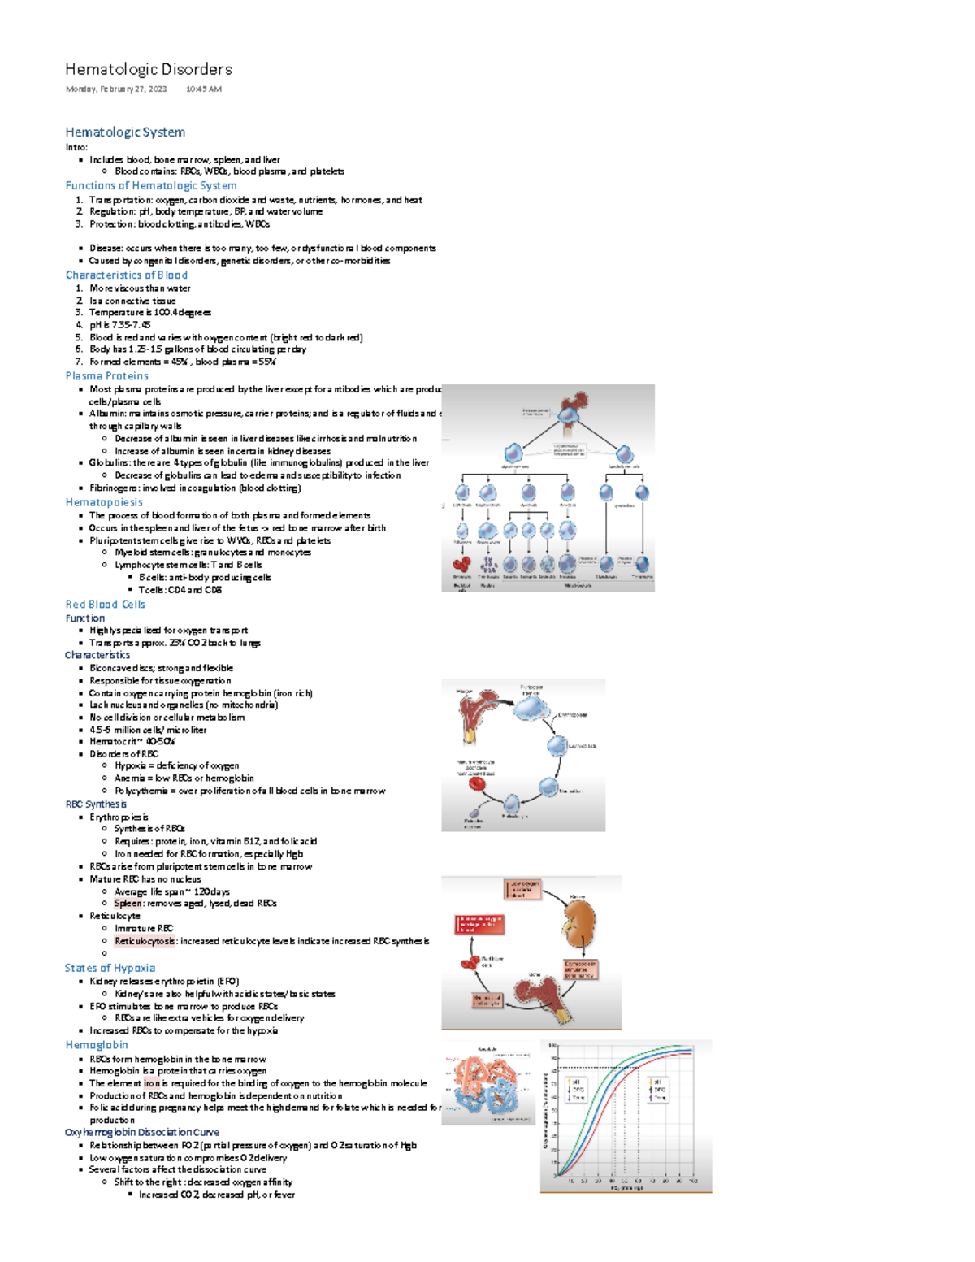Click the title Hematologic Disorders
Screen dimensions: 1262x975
(x=149, y=69)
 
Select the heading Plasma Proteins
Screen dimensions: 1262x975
(x=107, y=376)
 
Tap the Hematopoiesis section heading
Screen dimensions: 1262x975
(x=104, y=502)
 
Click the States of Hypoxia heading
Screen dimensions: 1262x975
(x=110, y=968)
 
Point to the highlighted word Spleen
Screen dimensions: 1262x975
(x=128, y=904)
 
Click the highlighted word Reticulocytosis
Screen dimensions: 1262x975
(x=145, y=941)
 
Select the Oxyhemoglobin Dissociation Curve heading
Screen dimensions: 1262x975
(x=142, y=1132)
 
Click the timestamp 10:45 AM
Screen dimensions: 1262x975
(x=203, y=89)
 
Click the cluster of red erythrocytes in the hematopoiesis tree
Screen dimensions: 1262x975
(x=461, y=565)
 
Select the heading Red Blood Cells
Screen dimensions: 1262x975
(x=106, y=605)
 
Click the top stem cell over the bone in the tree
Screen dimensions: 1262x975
(x=571, y=414)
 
